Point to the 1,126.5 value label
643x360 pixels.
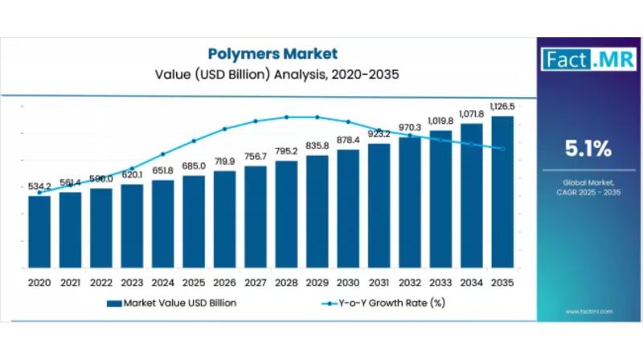pyautogui.click(x=502, y=106)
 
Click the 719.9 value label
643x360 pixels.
pyautogui.click(x=225, y=162)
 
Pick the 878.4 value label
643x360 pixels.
pyautogui.click(x=348, y=141)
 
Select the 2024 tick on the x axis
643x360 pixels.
pyautogui.click(x=162, y=283)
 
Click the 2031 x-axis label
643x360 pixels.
pyautogui.click(x=379, y=283)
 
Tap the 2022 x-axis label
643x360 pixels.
pyautogui.click(x=101, y=283)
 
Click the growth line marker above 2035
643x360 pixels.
pyautogui.click(x=502, y=149)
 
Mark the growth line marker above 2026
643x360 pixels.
pyautogui.click(x=225, y=129)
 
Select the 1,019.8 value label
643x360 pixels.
pyautogui.click(x=440, y=121)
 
